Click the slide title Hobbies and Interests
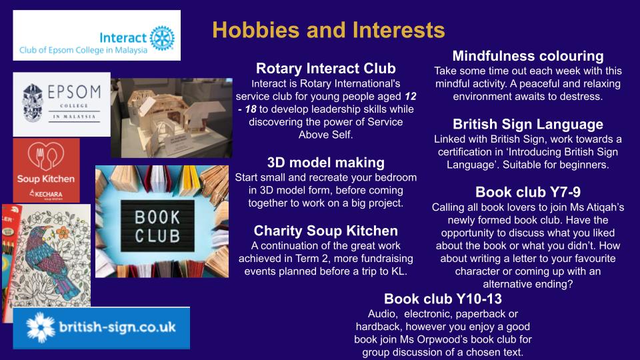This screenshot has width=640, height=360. (x=329, y=30)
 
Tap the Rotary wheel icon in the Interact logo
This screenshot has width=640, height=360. (x=162, y=38)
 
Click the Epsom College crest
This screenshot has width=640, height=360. (x=33, y=103)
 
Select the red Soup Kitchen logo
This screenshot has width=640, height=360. (x=46, y=170)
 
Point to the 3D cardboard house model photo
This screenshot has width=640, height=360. (x=171, y=118)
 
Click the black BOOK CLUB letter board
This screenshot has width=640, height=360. (x=157, y=226)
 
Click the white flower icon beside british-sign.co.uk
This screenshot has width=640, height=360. (x=41, y=327)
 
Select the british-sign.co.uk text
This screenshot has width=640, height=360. (x=117, y=327)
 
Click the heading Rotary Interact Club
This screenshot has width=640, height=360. (x=326, y=68)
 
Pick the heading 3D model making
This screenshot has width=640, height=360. (x=326, y=163)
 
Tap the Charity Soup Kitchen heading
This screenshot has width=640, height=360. (x=326, y=231)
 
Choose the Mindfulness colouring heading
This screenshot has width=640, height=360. (x=528, y=55)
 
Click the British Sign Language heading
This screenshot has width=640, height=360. (x=528, y=124)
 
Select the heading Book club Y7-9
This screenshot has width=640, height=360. (x=528, y=192)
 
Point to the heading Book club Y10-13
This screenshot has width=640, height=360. (x=443, y=299)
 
